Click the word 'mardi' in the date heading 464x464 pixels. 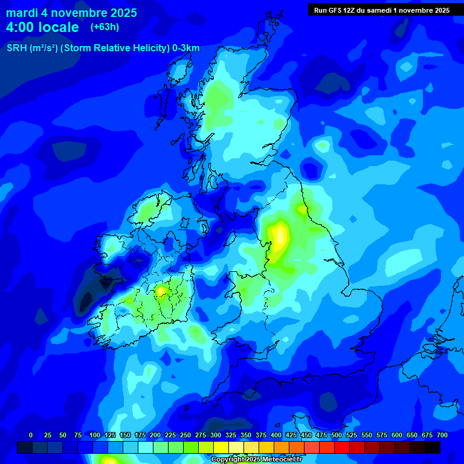point(21,13)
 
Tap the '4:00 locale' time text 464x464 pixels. point(42,27)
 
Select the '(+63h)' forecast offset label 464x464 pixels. point(105,27)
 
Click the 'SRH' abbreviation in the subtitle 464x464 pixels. point(16,48)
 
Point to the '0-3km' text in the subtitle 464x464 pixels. point(185,48)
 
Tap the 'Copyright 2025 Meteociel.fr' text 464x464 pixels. point(257,460)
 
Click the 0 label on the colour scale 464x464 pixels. point(31,435)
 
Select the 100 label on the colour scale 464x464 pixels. point(94,435)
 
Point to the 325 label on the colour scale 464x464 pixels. point(231,435)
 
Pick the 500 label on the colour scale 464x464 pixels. point(337,435)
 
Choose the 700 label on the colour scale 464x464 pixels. point(442,435)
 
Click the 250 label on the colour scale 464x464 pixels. point(185,435)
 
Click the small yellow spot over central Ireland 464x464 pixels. point(161,291)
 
